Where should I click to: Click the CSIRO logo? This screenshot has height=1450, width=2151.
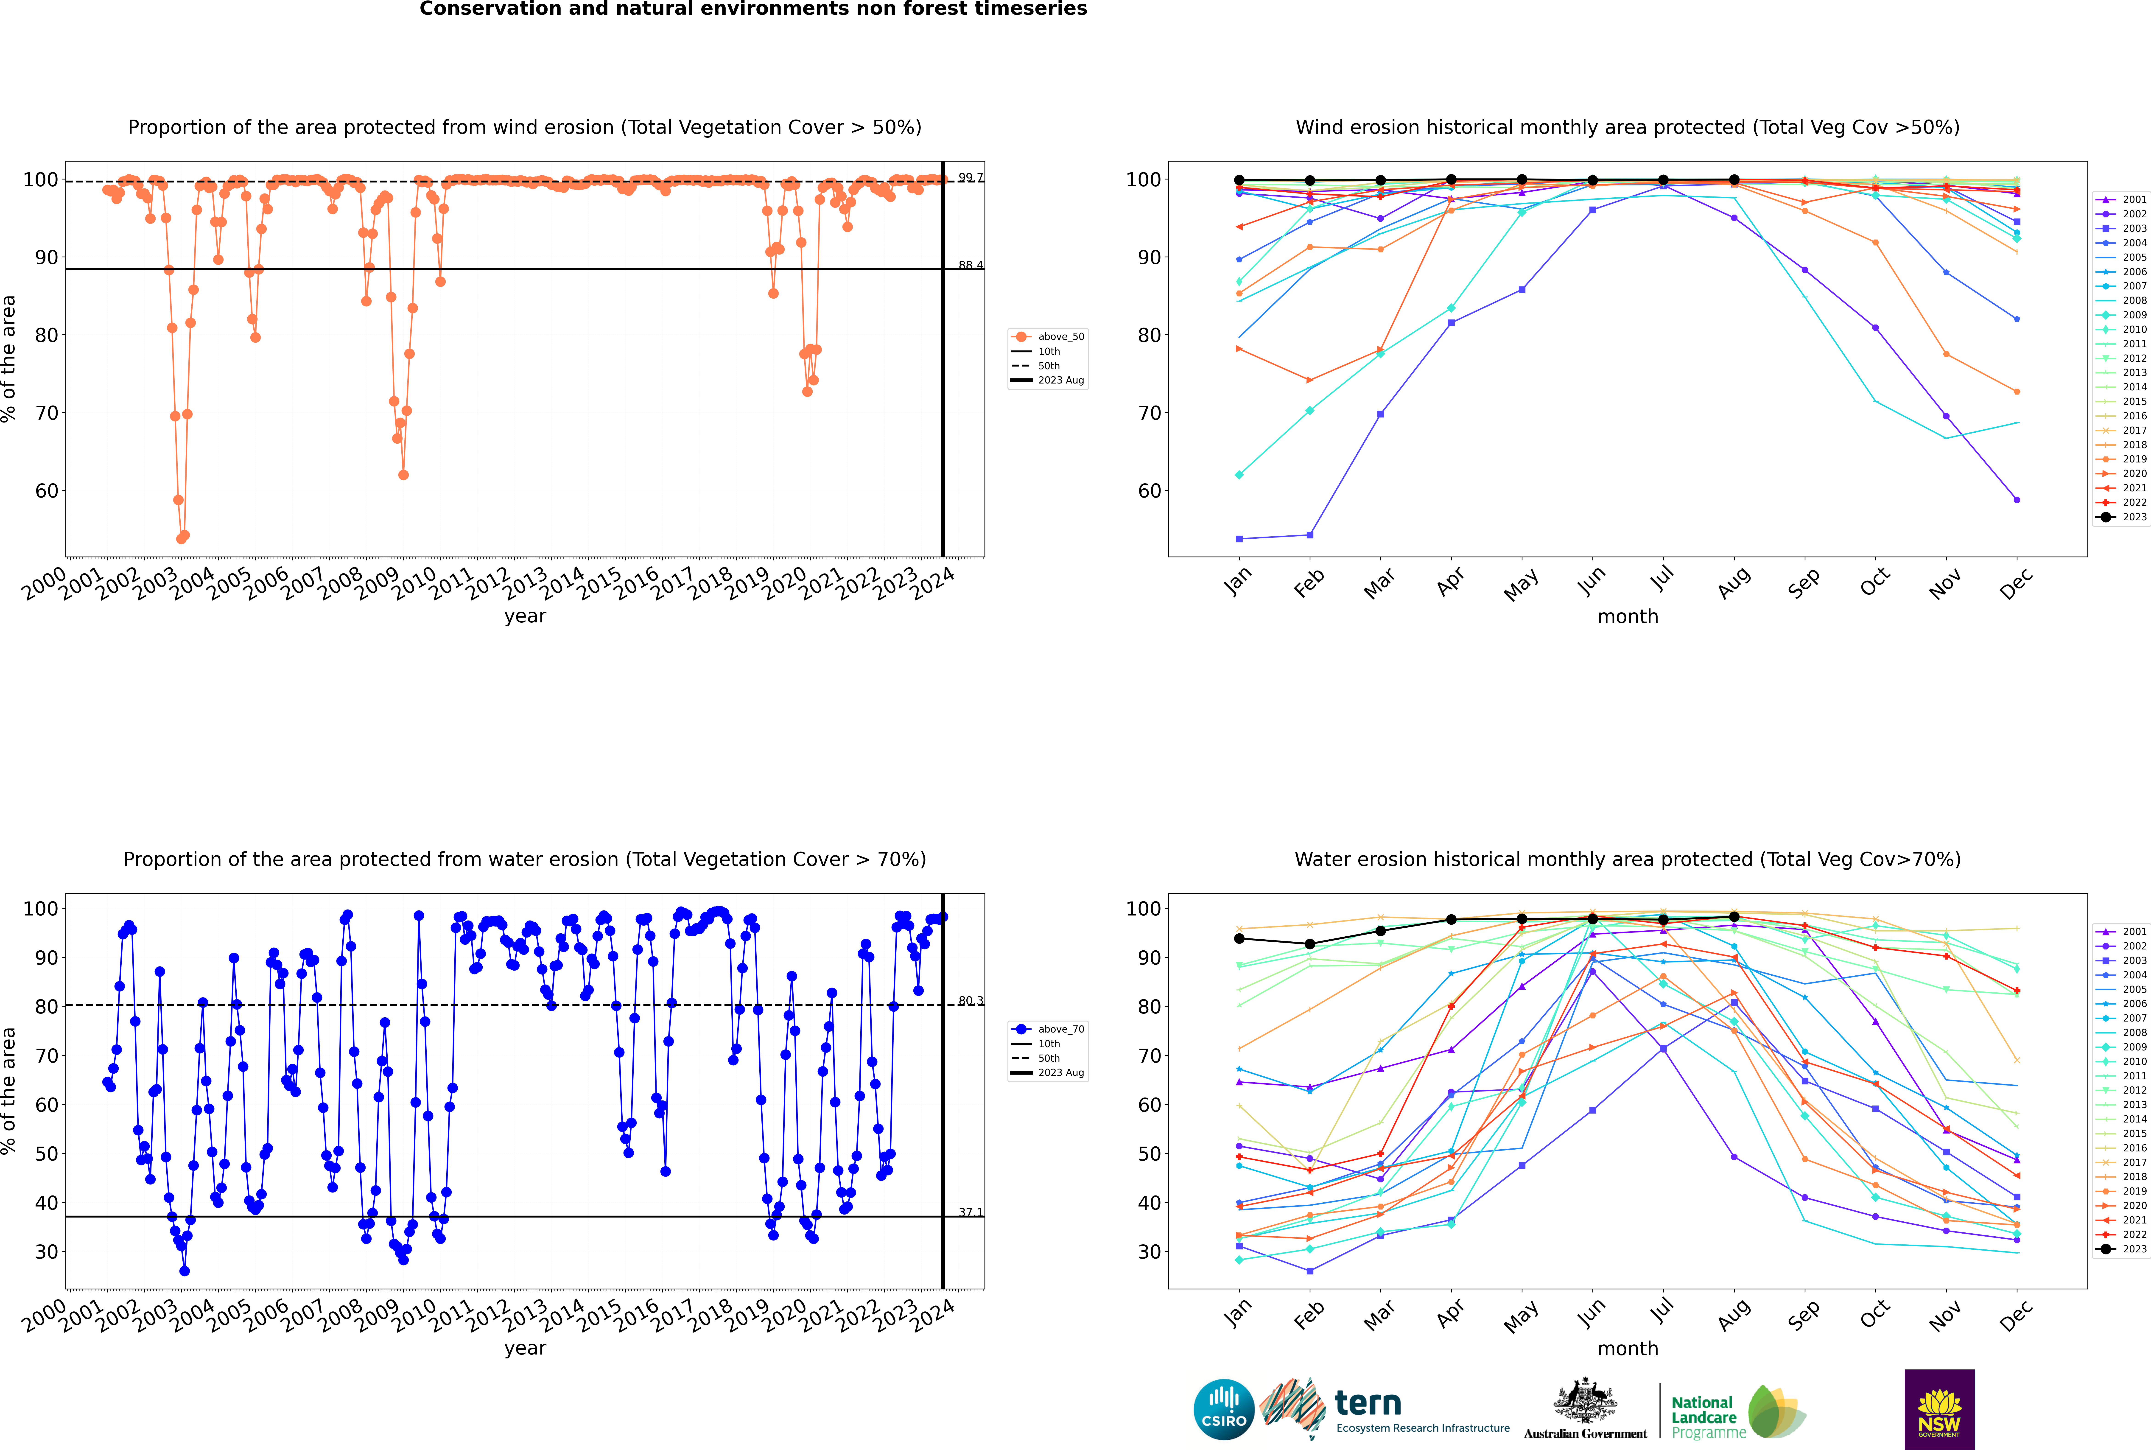[1223, 1409]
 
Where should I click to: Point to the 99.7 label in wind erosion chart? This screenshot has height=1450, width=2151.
[970, 178]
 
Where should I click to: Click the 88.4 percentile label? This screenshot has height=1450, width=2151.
[970, 265]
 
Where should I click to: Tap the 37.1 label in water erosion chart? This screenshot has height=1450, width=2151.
[970, 1212]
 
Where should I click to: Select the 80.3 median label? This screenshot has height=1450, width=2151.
[970, 1001]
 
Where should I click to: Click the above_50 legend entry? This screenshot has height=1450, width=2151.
[1060, 337]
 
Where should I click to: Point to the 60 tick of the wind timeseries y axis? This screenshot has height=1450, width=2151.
[46, 491]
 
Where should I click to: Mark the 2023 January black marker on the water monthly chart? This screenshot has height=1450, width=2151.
[1239, 939]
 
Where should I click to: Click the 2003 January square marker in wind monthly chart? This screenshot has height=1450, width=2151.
[1239, 538]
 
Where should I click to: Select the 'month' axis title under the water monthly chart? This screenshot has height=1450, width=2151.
[1628, 1348]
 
